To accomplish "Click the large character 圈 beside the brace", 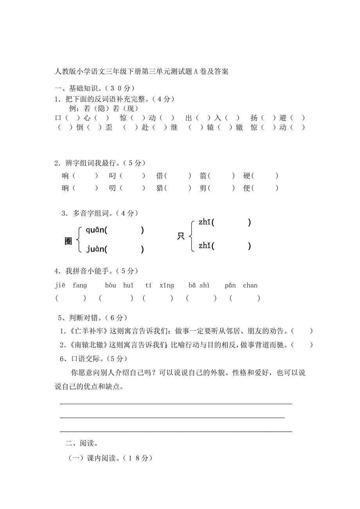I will [68, 241].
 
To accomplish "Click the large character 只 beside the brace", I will [181, 236].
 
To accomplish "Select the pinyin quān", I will [95, 230].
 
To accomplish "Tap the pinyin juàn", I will [95, 249].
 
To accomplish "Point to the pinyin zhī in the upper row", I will [205, 223].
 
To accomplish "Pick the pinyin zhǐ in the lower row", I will [205, 246].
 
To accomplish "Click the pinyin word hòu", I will [110, 285].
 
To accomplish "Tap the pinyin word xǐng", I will [167, 285].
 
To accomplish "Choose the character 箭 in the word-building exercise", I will [203, 176].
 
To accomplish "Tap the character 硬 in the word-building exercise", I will [247, 176].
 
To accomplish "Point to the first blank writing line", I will [176, 404].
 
